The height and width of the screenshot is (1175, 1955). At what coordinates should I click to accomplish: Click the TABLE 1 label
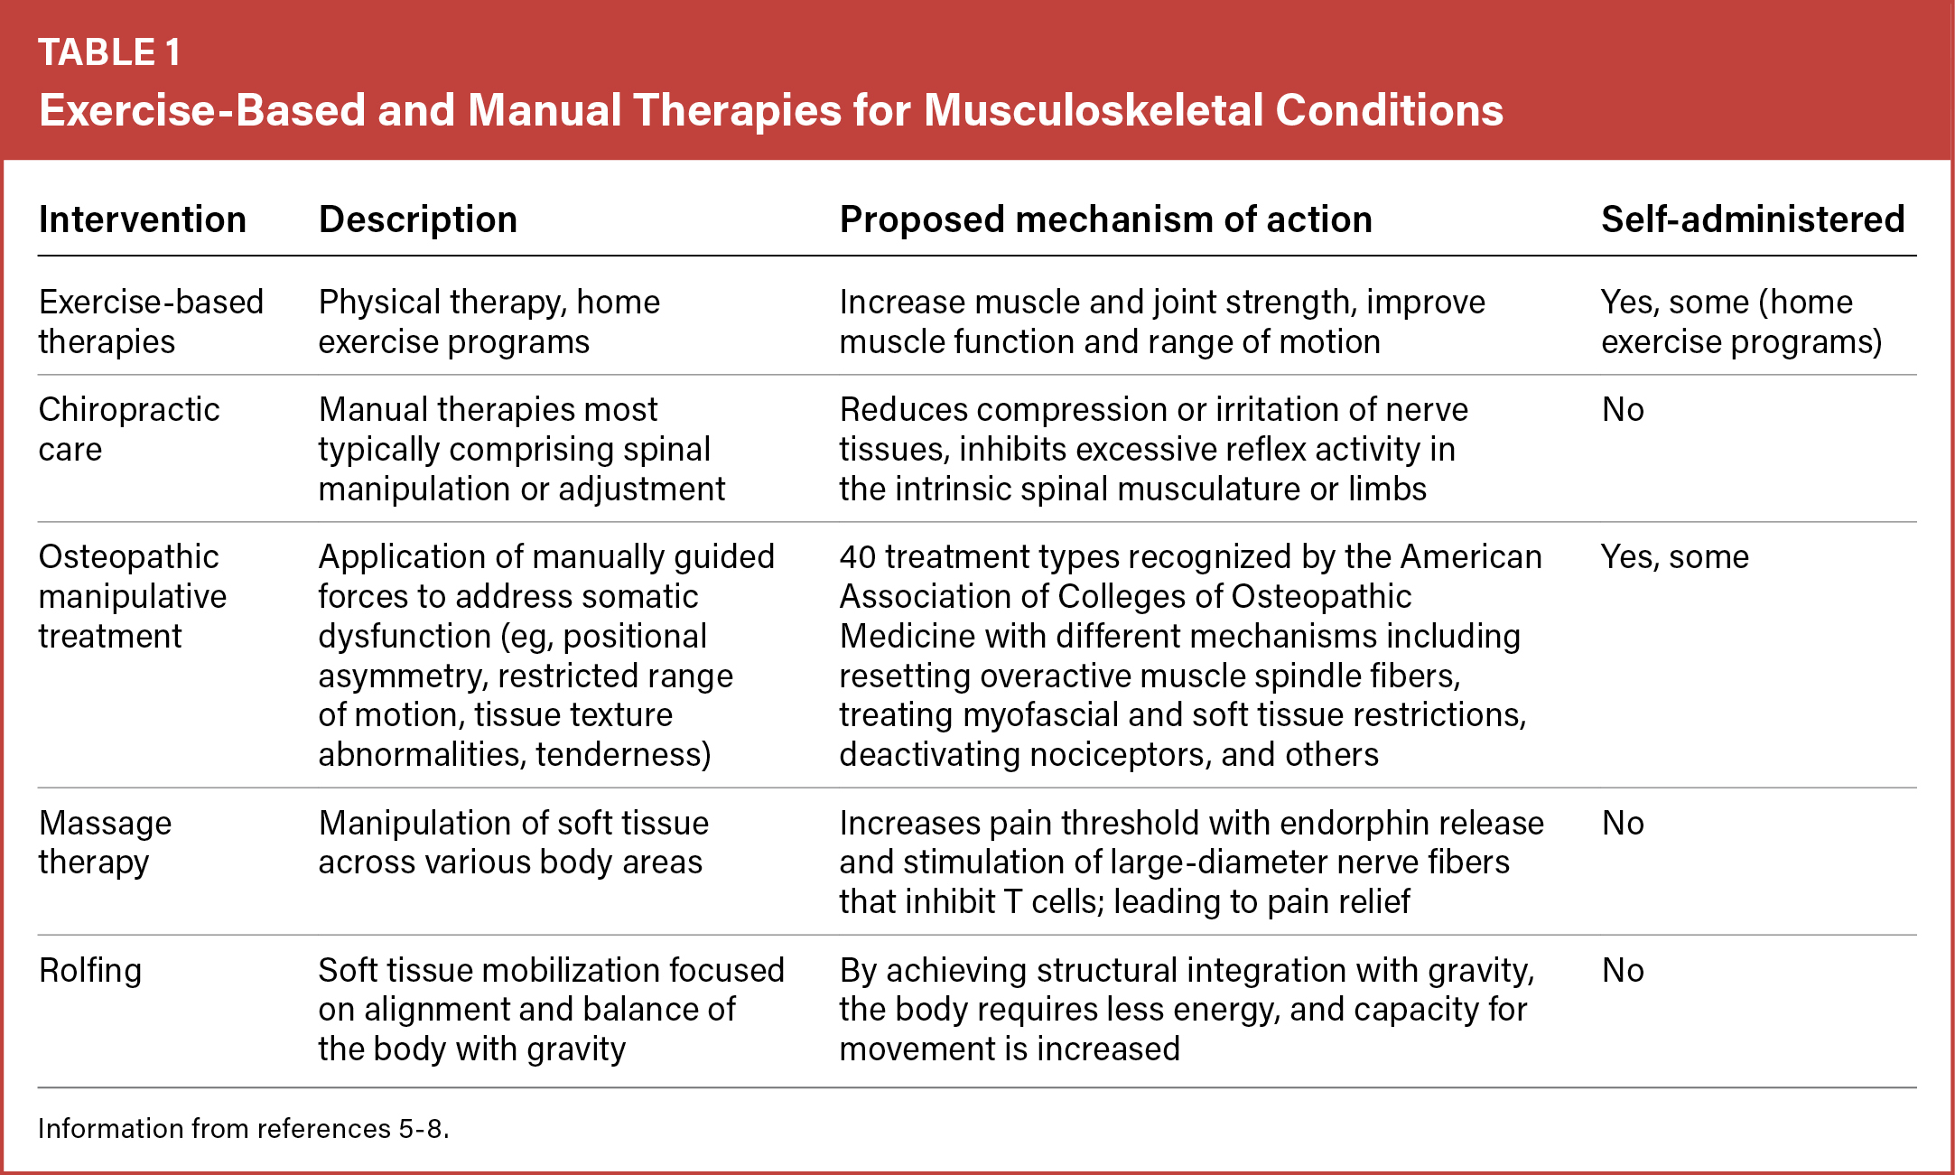(109, 52)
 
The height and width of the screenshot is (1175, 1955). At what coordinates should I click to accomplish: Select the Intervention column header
(143, 219)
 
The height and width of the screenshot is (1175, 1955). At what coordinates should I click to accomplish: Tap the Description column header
(418, 220)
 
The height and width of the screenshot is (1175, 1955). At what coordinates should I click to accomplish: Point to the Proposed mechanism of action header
(1106, 220)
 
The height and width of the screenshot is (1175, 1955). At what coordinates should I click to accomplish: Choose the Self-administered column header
(1754, 219)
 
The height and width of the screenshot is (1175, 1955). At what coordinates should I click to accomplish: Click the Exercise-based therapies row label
(151, 322)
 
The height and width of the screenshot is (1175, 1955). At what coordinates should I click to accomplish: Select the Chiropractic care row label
(129, 429)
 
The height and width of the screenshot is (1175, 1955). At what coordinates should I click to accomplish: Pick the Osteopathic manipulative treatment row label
(133, 596)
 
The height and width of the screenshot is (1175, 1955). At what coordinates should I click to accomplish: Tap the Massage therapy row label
(105, 843)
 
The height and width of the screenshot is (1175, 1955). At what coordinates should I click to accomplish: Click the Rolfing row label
(90, 971)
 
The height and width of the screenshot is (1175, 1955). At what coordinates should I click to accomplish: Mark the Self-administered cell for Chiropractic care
(1623, 410)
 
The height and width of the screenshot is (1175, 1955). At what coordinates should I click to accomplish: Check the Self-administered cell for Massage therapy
(1623, 824)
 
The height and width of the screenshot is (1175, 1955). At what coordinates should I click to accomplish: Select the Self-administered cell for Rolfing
(1623, 971)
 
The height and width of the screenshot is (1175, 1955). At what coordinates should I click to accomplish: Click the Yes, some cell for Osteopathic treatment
(1675, 557)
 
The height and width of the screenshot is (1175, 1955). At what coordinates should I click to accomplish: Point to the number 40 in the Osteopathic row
(857, 557)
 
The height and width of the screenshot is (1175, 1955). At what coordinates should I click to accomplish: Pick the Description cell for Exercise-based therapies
(489, 322)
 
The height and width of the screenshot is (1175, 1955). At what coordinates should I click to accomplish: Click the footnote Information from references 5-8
(244, 1129)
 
